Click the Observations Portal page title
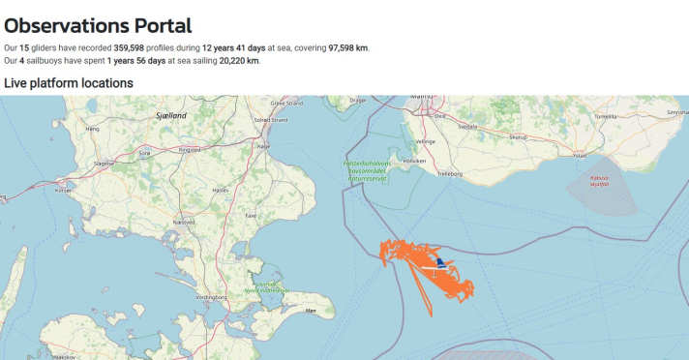98,26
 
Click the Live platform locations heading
69,83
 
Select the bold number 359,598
135,47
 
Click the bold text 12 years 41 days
233,47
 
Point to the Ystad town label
580,155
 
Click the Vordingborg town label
210,296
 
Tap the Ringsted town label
189,150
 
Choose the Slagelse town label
103,164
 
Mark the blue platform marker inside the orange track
440,262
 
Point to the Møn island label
311,311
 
